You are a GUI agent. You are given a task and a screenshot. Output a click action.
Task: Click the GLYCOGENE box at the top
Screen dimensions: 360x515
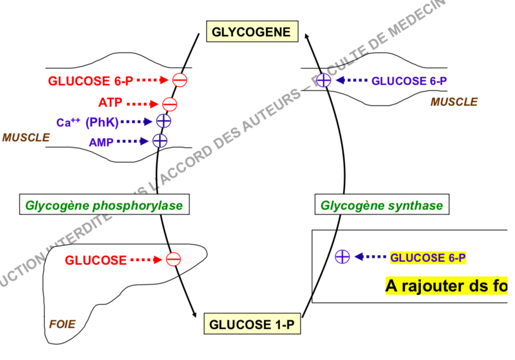[251, 32]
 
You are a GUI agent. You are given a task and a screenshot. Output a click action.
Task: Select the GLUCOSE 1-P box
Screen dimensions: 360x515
[252, 325]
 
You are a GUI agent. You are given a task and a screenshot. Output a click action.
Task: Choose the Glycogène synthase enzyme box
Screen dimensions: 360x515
[381, 205]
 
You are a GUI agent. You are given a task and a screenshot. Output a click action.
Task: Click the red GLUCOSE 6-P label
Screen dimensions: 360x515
[91, 81]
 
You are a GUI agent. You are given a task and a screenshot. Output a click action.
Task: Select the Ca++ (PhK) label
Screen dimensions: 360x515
[87, 122]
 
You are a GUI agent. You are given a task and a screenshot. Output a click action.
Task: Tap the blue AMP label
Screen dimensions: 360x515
[101, 142]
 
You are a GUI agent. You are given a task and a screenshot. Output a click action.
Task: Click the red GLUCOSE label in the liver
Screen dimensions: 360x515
[95, 259]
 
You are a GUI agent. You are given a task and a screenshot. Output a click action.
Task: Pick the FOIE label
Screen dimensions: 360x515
[62, 325]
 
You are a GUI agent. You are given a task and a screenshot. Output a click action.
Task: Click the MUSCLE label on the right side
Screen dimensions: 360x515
[454, 102]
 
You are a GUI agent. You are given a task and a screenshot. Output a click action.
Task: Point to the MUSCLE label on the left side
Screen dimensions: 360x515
[26, 137]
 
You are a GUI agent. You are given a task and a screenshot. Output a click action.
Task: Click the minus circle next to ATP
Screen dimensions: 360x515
[170, 104]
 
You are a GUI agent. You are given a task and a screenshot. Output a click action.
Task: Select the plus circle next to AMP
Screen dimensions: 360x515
[160, 141]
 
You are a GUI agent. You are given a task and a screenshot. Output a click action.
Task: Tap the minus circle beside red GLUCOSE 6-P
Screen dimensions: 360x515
[180, 80]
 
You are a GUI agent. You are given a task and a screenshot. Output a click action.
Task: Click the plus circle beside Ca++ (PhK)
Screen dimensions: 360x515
[164, 121]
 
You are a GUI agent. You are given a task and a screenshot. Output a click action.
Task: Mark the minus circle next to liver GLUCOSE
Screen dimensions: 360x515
[173, 259]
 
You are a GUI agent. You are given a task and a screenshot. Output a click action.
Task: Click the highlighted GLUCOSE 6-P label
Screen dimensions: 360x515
[428, 257]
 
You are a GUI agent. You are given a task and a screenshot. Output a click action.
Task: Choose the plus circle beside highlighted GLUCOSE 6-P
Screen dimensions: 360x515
[342, 257]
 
